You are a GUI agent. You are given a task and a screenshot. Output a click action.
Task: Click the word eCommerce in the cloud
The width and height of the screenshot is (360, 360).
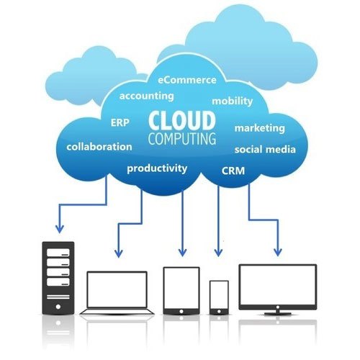coord(187,80)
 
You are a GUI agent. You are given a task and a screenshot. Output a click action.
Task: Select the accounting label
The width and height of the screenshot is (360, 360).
coord(147,96)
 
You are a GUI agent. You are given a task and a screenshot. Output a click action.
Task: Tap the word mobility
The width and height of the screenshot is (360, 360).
coord(233,101)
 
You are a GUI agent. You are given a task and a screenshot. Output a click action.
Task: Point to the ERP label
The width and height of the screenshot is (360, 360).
coord(120,122)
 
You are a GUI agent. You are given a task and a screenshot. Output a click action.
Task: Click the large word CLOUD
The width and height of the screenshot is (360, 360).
coord(181,120)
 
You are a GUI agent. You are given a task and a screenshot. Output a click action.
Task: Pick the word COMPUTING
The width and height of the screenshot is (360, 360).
coord(182,138)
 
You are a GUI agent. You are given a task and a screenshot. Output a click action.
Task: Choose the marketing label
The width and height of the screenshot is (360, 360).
coord(260,128)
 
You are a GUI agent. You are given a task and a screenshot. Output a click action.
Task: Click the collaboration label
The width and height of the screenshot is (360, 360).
coord(99,147)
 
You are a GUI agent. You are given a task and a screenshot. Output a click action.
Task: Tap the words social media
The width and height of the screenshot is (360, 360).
coord(265,149)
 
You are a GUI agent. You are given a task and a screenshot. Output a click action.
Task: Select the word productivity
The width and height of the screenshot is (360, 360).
coord(157,168)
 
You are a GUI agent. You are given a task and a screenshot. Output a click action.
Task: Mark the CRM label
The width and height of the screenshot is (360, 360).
coord(233,171)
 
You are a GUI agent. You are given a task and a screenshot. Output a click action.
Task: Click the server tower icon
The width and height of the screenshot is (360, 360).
coord(58,278)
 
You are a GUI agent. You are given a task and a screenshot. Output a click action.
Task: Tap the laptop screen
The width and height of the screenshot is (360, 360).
coord(117,289)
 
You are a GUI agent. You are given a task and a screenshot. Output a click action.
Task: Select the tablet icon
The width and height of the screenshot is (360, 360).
coord(181,291)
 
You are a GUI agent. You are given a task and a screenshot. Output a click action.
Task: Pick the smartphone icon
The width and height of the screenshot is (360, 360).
coord(219,297)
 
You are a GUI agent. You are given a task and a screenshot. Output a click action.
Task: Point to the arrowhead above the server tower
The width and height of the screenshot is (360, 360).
coord(60,229)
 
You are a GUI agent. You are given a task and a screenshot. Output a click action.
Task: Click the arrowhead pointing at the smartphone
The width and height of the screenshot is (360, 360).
coord(218,253)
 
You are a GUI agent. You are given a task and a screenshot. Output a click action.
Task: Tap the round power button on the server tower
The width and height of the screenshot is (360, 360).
coord(58,307)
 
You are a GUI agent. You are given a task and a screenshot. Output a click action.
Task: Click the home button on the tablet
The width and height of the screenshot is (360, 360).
coord(181,311)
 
